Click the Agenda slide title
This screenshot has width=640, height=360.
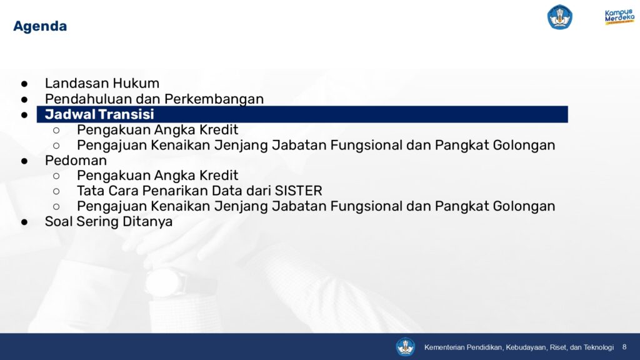point(40,26)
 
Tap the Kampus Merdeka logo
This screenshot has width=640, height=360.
point(619,17)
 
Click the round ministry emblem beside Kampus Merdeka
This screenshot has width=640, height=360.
point(559,17)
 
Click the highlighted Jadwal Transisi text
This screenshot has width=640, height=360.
point(99,114)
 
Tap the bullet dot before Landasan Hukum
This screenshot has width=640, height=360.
point(24,84)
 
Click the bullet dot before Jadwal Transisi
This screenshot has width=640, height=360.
point(24,115)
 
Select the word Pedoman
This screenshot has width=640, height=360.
point(76,161)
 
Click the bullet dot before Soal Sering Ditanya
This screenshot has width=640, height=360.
point(24,222)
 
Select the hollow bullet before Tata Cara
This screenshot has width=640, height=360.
point(56,191)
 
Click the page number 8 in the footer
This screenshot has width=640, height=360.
point(624,347)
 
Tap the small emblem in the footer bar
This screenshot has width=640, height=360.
point(405,347)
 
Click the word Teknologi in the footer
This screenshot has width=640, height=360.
point(598,347)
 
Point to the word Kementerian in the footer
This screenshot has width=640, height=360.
point(444,347)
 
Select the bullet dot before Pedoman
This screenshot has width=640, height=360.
point(24,161)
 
